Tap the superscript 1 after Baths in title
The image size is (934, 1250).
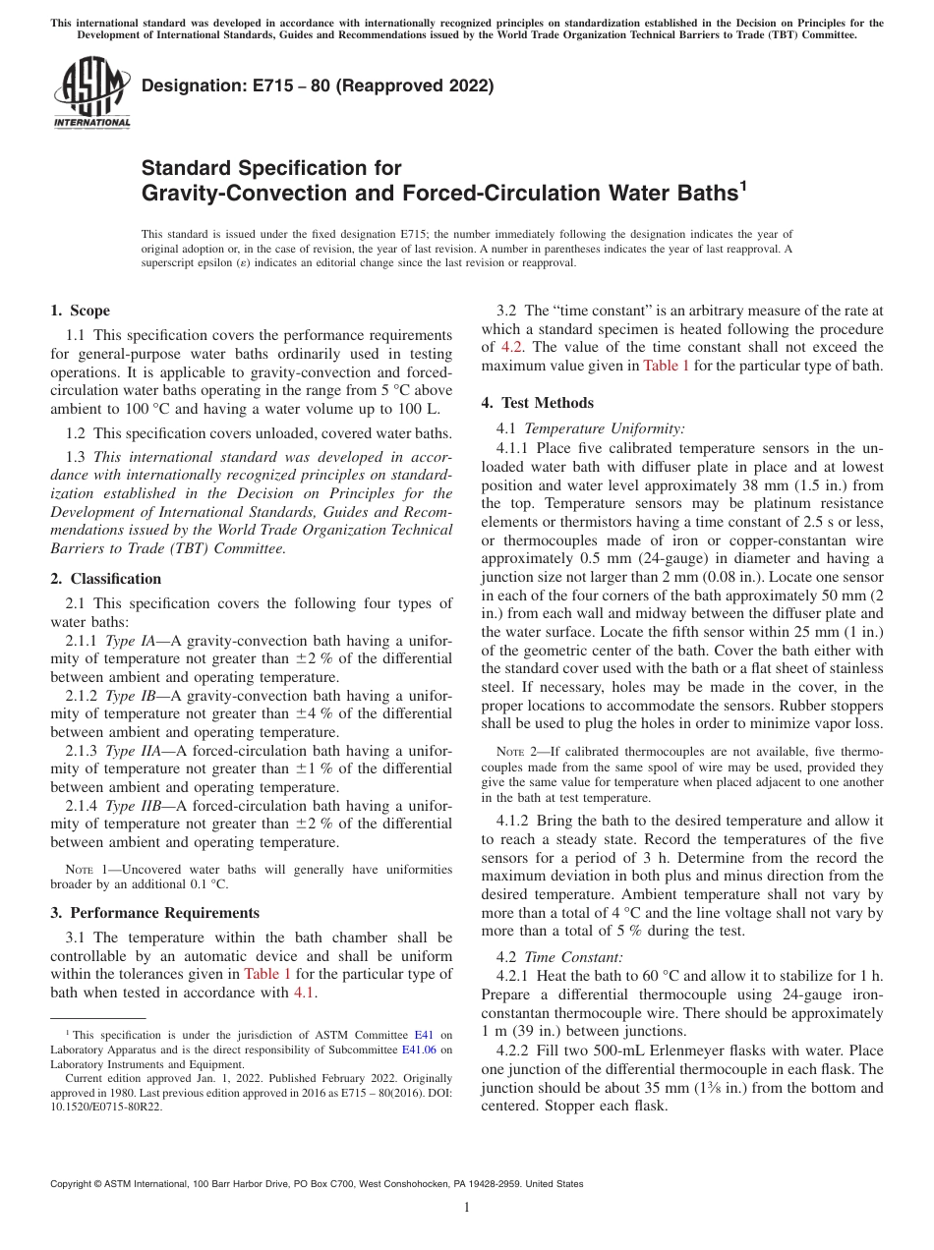744,185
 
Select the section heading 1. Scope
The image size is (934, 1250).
80,311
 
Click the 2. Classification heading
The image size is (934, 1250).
105,579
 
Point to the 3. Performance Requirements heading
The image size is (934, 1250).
154,913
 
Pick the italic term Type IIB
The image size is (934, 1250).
134,806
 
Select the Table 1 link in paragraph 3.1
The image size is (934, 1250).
267,974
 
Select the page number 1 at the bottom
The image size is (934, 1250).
467,1208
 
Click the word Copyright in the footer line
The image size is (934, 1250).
74,1184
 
